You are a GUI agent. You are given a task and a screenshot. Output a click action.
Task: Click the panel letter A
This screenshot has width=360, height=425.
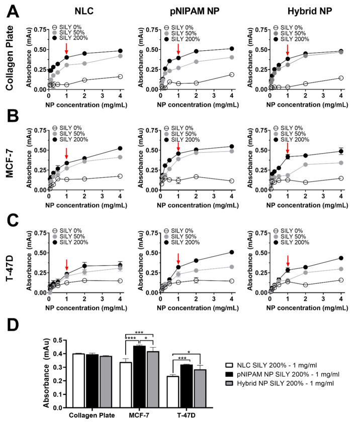tap(10, 11)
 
